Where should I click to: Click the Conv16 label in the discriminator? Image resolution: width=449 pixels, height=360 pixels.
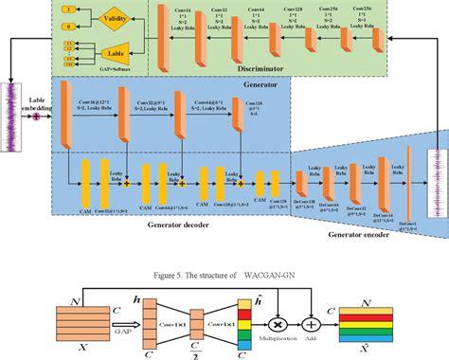[x=186, y=16]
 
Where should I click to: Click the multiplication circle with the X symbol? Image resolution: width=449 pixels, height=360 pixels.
[x=278, y=306]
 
